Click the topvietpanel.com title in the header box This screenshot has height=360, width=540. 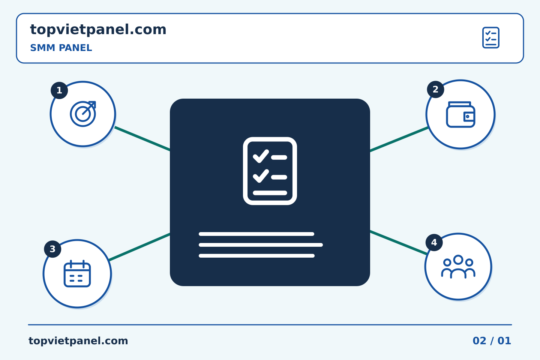(98, 30)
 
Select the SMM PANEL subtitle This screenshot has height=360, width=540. (61, 48)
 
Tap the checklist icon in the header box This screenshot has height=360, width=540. (491, 37)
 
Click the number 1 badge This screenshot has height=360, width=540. (59, 90)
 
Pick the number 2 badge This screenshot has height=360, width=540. (435, 90)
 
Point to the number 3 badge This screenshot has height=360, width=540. (52, 249)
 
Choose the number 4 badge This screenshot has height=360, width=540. (434, 243)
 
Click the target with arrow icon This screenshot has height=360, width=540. (83, 114)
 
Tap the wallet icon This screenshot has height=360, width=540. (460, 114)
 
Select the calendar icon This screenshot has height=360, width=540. (77, 274)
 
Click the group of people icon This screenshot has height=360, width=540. (458, 267)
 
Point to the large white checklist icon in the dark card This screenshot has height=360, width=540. (270, 171)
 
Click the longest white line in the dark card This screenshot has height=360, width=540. (261, 245)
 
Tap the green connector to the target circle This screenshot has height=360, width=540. (142, 139)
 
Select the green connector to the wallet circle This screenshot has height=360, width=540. (399, 139)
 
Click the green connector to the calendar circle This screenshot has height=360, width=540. (139, 247)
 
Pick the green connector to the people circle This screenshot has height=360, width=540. (399, 243)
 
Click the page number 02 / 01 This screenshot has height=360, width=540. (492, 341)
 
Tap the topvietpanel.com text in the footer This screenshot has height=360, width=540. (78, 341)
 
